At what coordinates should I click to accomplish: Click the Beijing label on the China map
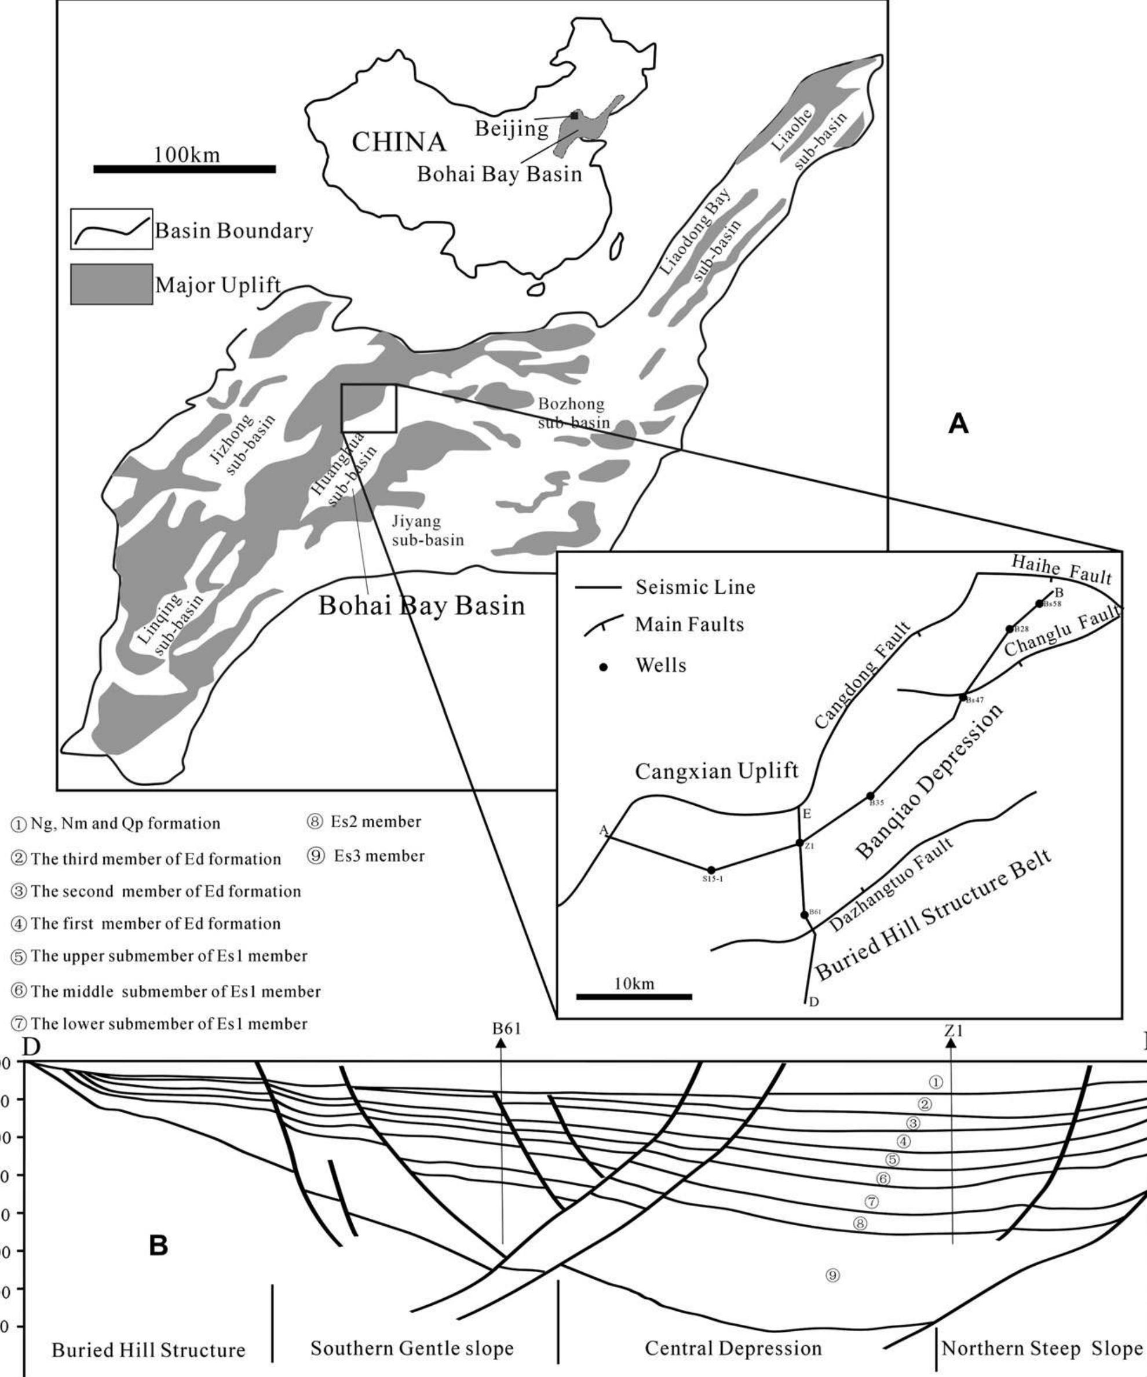(x=512, y=129)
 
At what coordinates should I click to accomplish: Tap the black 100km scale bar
(x=184, y=169)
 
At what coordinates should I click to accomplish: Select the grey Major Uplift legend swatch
(x=111, y=284)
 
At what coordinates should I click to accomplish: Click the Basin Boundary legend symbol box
(x=111, y=229)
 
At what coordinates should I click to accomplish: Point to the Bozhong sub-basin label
(x=572, y=412)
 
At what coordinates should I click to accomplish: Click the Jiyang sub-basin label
(x=427, y=531)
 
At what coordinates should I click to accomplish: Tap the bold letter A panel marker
(x=958, y=424)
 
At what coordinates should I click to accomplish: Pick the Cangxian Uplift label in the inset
(x=717, y=770)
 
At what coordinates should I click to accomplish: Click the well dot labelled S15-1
(x=711, y=870)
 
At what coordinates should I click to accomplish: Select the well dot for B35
(x=870, y=795)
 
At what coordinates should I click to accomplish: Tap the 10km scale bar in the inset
(x=634, y=996)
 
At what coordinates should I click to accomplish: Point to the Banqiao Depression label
(x=930, y=782)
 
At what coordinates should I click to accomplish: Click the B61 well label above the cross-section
(x=506, y=1029)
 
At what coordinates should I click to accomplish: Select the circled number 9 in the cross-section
(x=832, y=1276)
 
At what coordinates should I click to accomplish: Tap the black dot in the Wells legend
(x=605, y=667)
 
